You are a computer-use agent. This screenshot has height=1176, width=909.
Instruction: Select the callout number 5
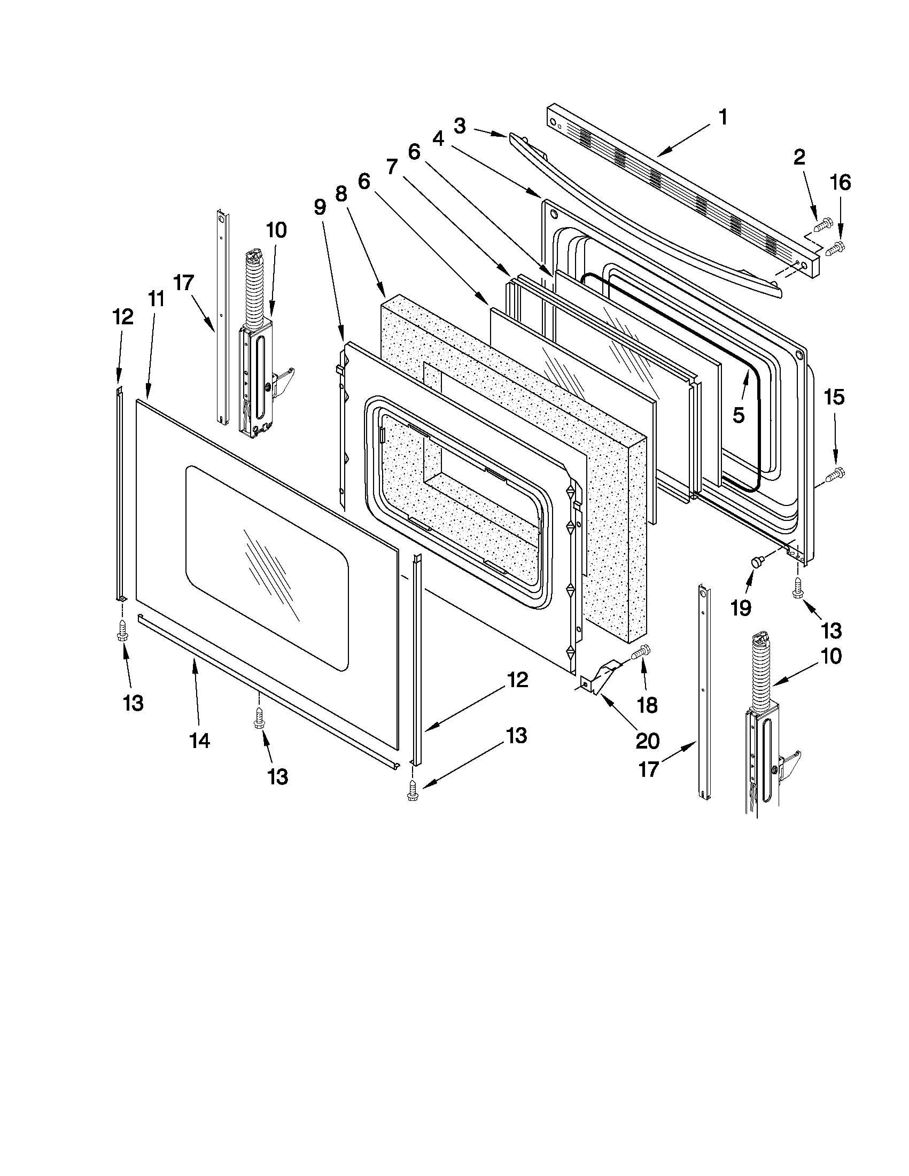[739, 415]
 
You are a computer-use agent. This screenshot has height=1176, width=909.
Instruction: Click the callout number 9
[320, 207]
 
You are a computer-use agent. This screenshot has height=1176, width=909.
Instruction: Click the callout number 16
[841, 183]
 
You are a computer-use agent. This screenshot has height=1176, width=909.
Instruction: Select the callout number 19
[741, 608]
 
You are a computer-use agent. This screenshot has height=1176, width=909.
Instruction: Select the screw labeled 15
[834, 474]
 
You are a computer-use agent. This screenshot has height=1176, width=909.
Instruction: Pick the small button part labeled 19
[757, 563]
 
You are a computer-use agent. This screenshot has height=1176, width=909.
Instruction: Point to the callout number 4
[438, 139]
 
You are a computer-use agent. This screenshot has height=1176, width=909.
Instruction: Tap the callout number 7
[392, 167]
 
